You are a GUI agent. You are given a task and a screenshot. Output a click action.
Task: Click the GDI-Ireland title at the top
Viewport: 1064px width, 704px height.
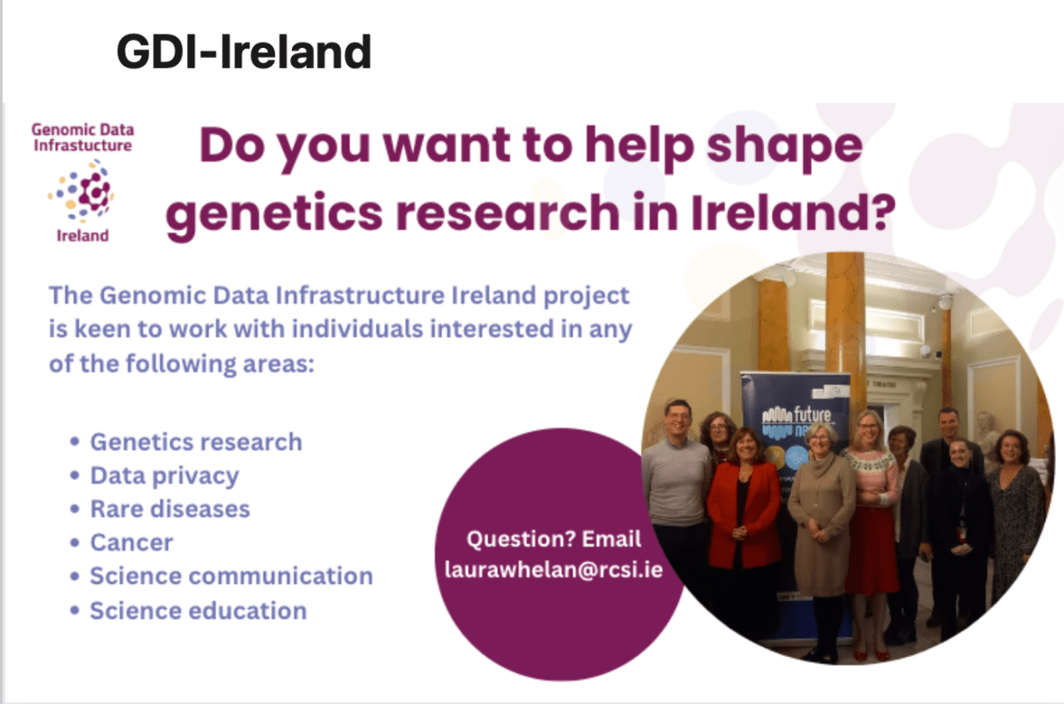click(x=243, y=53)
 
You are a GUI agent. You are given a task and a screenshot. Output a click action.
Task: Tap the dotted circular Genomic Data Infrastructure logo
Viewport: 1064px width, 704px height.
click(x=82, y=191)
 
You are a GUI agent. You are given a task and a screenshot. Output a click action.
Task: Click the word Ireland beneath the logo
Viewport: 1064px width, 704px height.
click(x=82, y=235)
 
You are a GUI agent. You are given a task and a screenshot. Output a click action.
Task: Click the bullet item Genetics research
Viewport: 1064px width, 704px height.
click(x=196, y=442)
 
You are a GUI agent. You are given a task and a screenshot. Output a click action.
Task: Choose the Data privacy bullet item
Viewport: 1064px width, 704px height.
click(x=164, y=476)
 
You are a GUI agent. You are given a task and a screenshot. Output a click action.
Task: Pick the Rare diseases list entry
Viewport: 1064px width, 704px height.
click(x=169, y=510)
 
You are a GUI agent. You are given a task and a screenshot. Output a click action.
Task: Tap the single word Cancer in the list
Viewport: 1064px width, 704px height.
click(x=131, y=542)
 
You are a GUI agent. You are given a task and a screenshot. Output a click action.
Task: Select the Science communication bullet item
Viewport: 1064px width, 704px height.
click(x=231, y=576)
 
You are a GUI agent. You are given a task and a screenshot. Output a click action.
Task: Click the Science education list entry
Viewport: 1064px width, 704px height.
click(x=198, y=611)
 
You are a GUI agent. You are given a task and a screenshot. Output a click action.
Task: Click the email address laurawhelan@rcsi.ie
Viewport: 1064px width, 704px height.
click(x=554, y=569)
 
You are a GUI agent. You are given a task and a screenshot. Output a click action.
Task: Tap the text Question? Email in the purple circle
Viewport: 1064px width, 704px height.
click(x=554, y=539)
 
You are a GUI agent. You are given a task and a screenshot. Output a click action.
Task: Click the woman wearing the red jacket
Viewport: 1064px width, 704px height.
click(x=745, y=515)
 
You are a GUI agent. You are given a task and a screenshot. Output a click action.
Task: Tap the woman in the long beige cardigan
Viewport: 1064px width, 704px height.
click(x=822, y=524)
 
